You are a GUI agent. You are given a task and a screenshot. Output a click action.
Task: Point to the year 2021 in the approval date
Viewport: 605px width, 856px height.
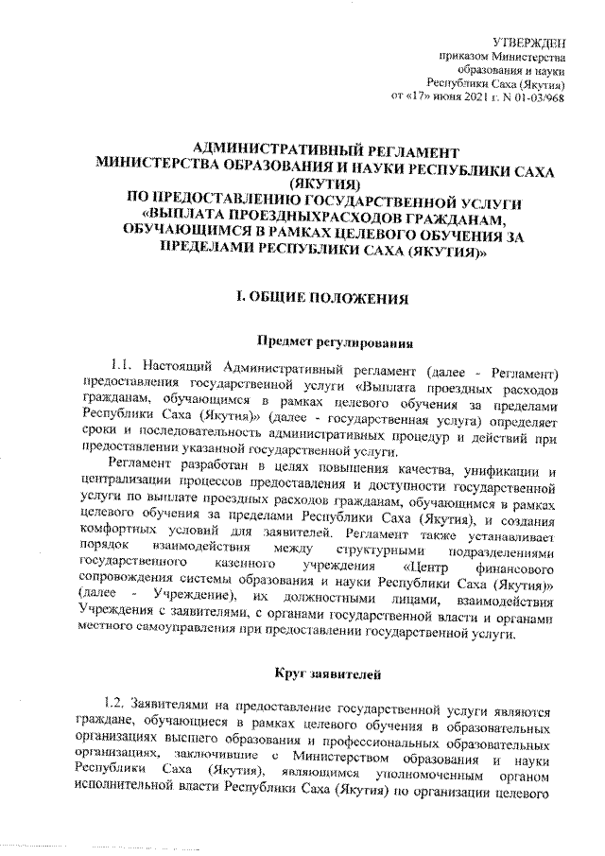click(x=466, y=97)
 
